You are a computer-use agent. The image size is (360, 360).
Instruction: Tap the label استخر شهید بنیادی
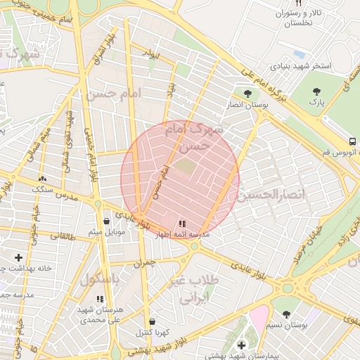301,66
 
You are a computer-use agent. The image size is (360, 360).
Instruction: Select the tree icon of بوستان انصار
247,93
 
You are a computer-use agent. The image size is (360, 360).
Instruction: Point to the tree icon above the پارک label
317,91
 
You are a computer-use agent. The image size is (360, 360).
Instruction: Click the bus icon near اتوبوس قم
352,141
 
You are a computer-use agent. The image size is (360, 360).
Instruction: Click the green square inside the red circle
184,167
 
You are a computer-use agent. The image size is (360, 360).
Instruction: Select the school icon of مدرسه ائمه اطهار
183,224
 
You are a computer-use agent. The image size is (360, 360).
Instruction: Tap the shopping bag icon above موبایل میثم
106,221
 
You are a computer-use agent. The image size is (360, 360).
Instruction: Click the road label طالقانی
61,237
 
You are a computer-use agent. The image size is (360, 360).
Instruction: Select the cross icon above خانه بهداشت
18,257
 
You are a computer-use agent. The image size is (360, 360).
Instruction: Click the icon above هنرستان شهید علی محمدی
99,299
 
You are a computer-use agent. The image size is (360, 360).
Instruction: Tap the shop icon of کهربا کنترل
152,321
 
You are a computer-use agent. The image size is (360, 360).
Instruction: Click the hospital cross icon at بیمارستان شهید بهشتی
241,345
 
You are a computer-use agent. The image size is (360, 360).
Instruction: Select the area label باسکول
98,278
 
